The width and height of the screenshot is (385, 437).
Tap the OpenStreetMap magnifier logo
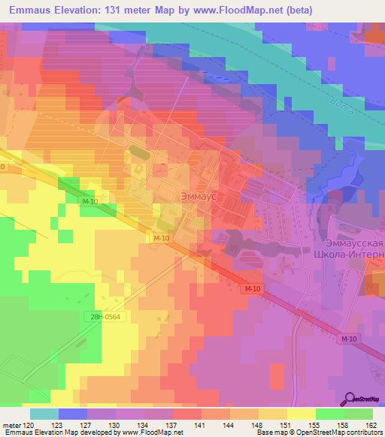(x=350, y=399)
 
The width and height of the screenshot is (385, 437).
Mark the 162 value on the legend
(x=371, y=424)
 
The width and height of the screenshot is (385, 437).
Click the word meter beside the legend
(x=11, y=424)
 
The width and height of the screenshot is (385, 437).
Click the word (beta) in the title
(x=275, y=11)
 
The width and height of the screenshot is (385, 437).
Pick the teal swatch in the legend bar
(x=44, y=414)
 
